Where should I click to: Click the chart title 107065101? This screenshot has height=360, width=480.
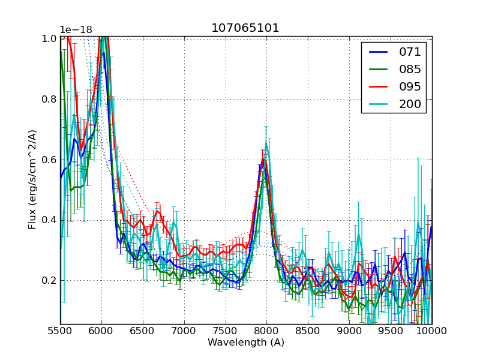pyautogui.click(x=245, y=28)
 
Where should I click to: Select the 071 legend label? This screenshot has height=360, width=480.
pyautogui.click(x=410, y=52)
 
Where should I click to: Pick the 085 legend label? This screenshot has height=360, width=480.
pyautogui.click(x=410, y=70)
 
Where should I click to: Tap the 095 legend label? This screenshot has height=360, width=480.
pyautogui.click(x=410, y=87)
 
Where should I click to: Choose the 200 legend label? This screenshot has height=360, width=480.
pyautogui.click(x=410, y=104)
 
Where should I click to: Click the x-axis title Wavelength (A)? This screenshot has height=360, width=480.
pyautogui.click(x=246, y=343)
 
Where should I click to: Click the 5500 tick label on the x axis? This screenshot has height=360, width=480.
pyautogui.click(x=60, y=331)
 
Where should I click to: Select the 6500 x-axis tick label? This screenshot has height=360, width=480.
pyautogui.click(x=143, y=331)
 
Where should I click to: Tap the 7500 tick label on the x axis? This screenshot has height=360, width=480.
pyautogui.click(x=226, y=331)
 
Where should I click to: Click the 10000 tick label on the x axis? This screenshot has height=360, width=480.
pyautogui.click(x=431, y=331)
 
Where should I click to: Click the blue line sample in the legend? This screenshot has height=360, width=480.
pyautogui.click(x=378, y=52)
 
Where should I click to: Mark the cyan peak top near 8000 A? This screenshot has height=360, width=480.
pyautogui.click(x=266, y=144)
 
